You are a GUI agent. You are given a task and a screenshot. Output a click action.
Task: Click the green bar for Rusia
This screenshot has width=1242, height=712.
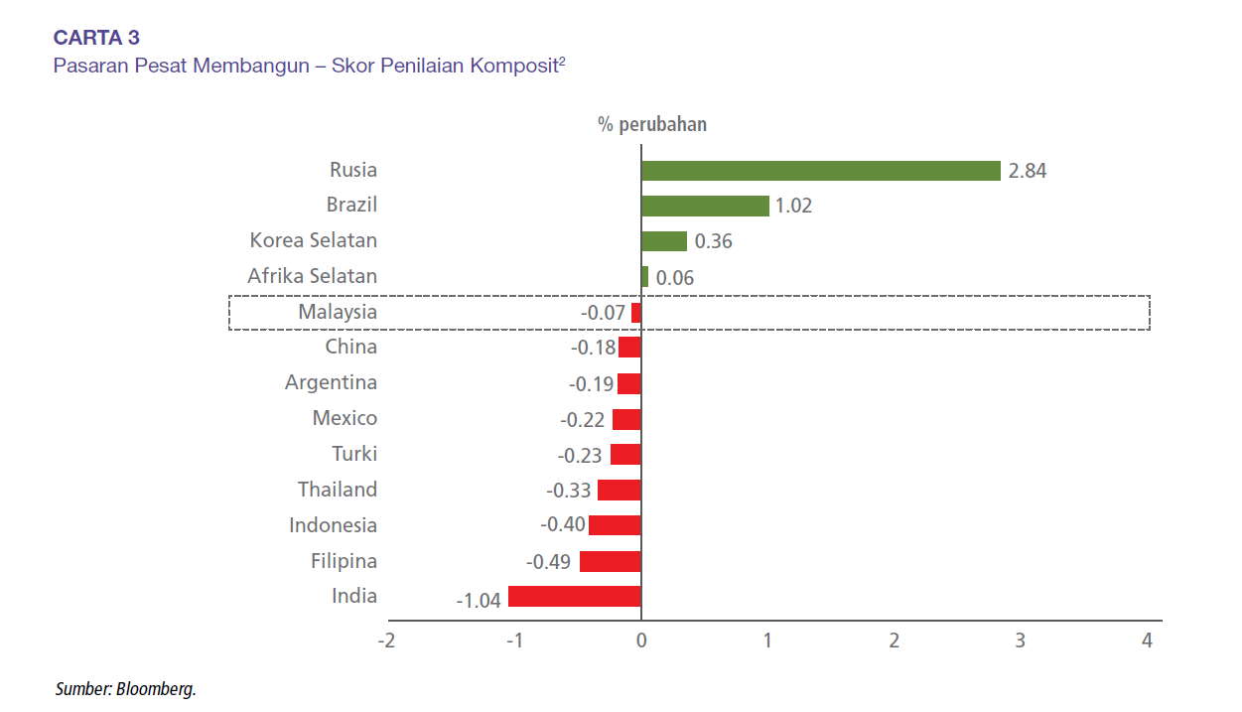[x=820, y=171]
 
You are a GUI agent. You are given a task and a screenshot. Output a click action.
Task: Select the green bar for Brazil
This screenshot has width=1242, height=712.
[x=705, y=206]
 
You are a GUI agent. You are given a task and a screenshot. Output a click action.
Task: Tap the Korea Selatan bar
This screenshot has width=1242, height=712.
[x=664, y=241]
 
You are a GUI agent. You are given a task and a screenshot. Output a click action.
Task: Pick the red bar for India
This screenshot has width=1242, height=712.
[x=575, y=597]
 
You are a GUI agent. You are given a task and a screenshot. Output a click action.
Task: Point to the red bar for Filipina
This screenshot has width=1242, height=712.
[x=611, y=561]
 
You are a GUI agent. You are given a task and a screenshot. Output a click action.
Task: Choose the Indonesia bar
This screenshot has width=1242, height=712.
[x=615, y=525]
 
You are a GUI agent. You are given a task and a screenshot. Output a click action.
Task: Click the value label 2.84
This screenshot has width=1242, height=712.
[x=1028, y=171]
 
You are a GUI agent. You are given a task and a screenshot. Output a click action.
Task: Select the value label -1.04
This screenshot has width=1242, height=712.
[x=479, y=601]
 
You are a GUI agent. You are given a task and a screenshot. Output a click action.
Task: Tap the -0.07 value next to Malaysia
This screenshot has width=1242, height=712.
[x=604, y=313]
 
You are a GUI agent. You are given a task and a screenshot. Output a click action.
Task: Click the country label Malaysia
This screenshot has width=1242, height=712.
[x=338, y=312]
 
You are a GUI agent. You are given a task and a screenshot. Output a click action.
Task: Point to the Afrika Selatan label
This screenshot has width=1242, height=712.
[x=313, y=276]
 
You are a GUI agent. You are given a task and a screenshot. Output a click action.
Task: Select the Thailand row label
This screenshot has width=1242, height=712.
[x=338, y=490]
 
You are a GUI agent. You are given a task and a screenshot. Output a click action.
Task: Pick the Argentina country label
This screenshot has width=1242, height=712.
[x=331, y=382]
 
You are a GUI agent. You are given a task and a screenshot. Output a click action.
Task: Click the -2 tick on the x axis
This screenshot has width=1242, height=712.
[x=386, y=641]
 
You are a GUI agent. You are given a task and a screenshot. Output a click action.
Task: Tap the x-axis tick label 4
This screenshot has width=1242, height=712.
[x=1147, y=641]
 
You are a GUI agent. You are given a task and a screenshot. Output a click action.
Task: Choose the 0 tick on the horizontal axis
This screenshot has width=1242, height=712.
[x=641, y=641]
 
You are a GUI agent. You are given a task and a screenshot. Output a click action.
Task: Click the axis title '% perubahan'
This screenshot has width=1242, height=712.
[x=652, y=125]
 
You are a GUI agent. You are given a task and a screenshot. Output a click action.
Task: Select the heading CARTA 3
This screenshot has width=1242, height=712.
[x=96, y=38]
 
